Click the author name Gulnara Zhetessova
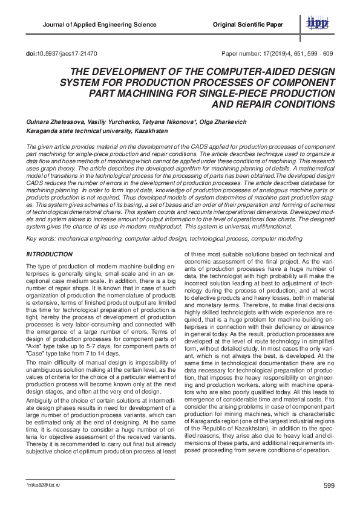[x=53, y=122]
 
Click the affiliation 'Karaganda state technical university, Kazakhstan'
[x=97, y=131]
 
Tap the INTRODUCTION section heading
[x=52, y=256]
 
